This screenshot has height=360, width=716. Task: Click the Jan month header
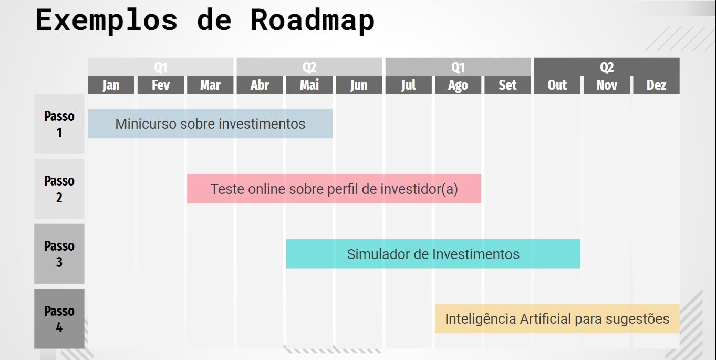(111, 85)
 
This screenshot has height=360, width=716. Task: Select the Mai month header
(309, 85)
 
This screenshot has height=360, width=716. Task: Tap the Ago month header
(458, 85)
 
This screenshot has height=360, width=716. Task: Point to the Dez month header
(656, 85)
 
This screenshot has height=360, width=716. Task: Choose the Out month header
(557, 85)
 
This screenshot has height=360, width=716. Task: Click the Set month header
(507, 85)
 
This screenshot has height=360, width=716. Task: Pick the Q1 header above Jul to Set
(458, 67)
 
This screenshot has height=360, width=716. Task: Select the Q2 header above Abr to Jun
(309, 67)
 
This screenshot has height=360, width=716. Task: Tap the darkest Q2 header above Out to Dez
(607, 67)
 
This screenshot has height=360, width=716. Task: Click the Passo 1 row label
(59, 124)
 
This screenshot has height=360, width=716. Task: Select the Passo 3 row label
(59, 254)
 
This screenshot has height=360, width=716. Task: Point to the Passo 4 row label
(59, 318)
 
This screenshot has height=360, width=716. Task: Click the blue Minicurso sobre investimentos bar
(210, 124)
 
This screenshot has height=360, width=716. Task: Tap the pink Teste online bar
(334, 189)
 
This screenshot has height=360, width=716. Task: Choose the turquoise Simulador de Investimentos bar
(433, 254)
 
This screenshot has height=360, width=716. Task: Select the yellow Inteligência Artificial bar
(557, 318)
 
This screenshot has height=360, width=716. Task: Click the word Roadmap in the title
(313, 20)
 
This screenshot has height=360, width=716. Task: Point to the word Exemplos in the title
(107, 20)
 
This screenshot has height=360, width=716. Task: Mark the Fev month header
(161, 85)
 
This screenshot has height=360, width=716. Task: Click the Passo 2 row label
(59, 189)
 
